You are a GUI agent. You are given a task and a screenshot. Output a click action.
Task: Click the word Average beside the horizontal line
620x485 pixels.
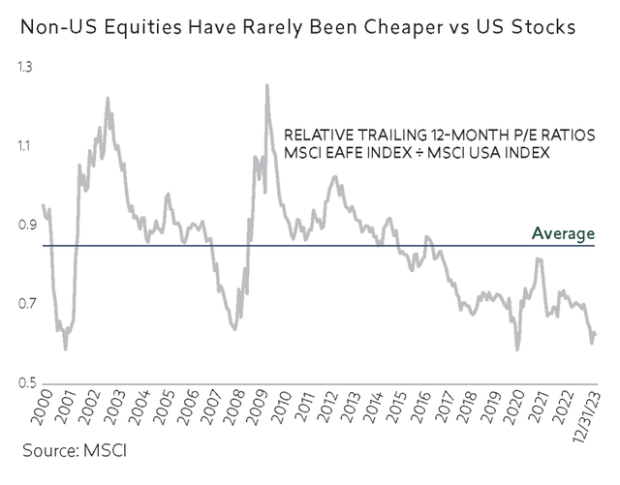[563, 233]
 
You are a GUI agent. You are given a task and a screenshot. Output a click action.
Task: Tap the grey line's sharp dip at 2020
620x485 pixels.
[517, 349]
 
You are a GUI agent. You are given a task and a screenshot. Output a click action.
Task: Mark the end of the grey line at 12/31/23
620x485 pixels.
[595, 334]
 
